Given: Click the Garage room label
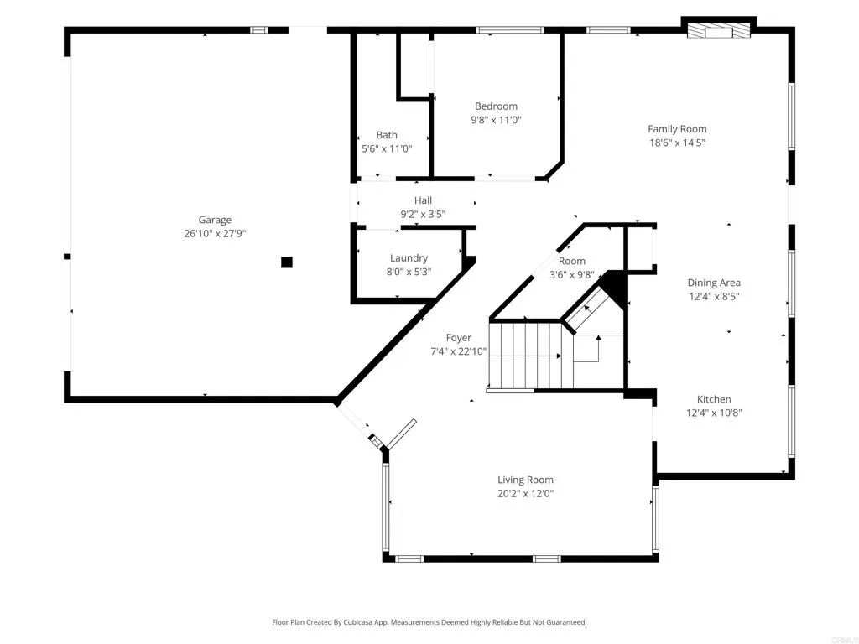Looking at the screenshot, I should pyautogui.click(x=215, y=221).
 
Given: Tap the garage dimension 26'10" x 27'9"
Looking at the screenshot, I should pyautogui.click(x=215, y=234).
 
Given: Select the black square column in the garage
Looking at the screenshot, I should pyautogui.click(x=287, y=262).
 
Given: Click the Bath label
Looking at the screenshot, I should pyautogui.click(x=387, y=135).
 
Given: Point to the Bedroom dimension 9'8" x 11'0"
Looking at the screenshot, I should pyautogui.click(x=496, y=120).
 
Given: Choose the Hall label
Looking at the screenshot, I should pyautogui.click(x=423, y=200).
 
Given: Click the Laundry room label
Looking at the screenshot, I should pyautogui.click(x=409, y=258).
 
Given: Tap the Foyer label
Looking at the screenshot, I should pyautogui.click(x=458, y=338).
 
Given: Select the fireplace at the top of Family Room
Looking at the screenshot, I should pyautogui.click(x=718, y=31).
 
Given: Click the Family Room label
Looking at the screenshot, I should pyautogui.click(x=677, y=129).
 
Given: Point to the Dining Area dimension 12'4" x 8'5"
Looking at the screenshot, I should pyautogui.click(x=714, y=297).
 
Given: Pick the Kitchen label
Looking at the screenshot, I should pyautogui.click(x=714, y=399).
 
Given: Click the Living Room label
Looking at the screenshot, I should pyautogui.click(x=525, y=480).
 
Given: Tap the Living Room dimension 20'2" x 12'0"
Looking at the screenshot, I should pyautogui.click(x=525, y=493).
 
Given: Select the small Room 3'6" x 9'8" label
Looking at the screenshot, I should pyautogui.click(x=572, y=262).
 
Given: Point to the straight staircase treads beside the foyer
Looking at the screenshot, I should pyautogui.click(x=523, y=356).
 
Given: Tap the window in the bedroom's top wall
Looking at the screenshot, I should pyautogui.click(x=509, y=30).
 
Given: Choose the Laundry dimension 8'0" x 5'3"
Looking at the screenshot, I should pyautogui.click(x=409, y=272).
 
